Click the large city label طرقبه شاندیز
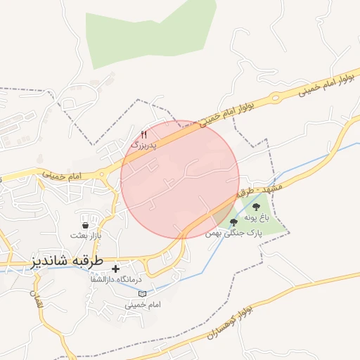(x=68, y=261)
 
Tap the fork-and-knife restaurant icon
(x=144, y=134)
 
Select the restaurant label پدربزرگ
(x=146, y=144)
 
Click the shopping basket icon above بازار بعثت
(x=85, y=225)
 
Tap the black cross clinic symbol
(x=116, y=269)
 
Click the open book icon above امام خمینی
(x=142, y=294)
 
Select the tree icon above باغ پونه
(x=255, y=207)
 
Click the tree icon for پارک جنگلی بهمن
(x=233, y=222)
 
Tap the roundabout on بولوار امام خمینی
(x=275, y=97)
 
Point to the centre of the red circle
(x=181, y=179)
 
